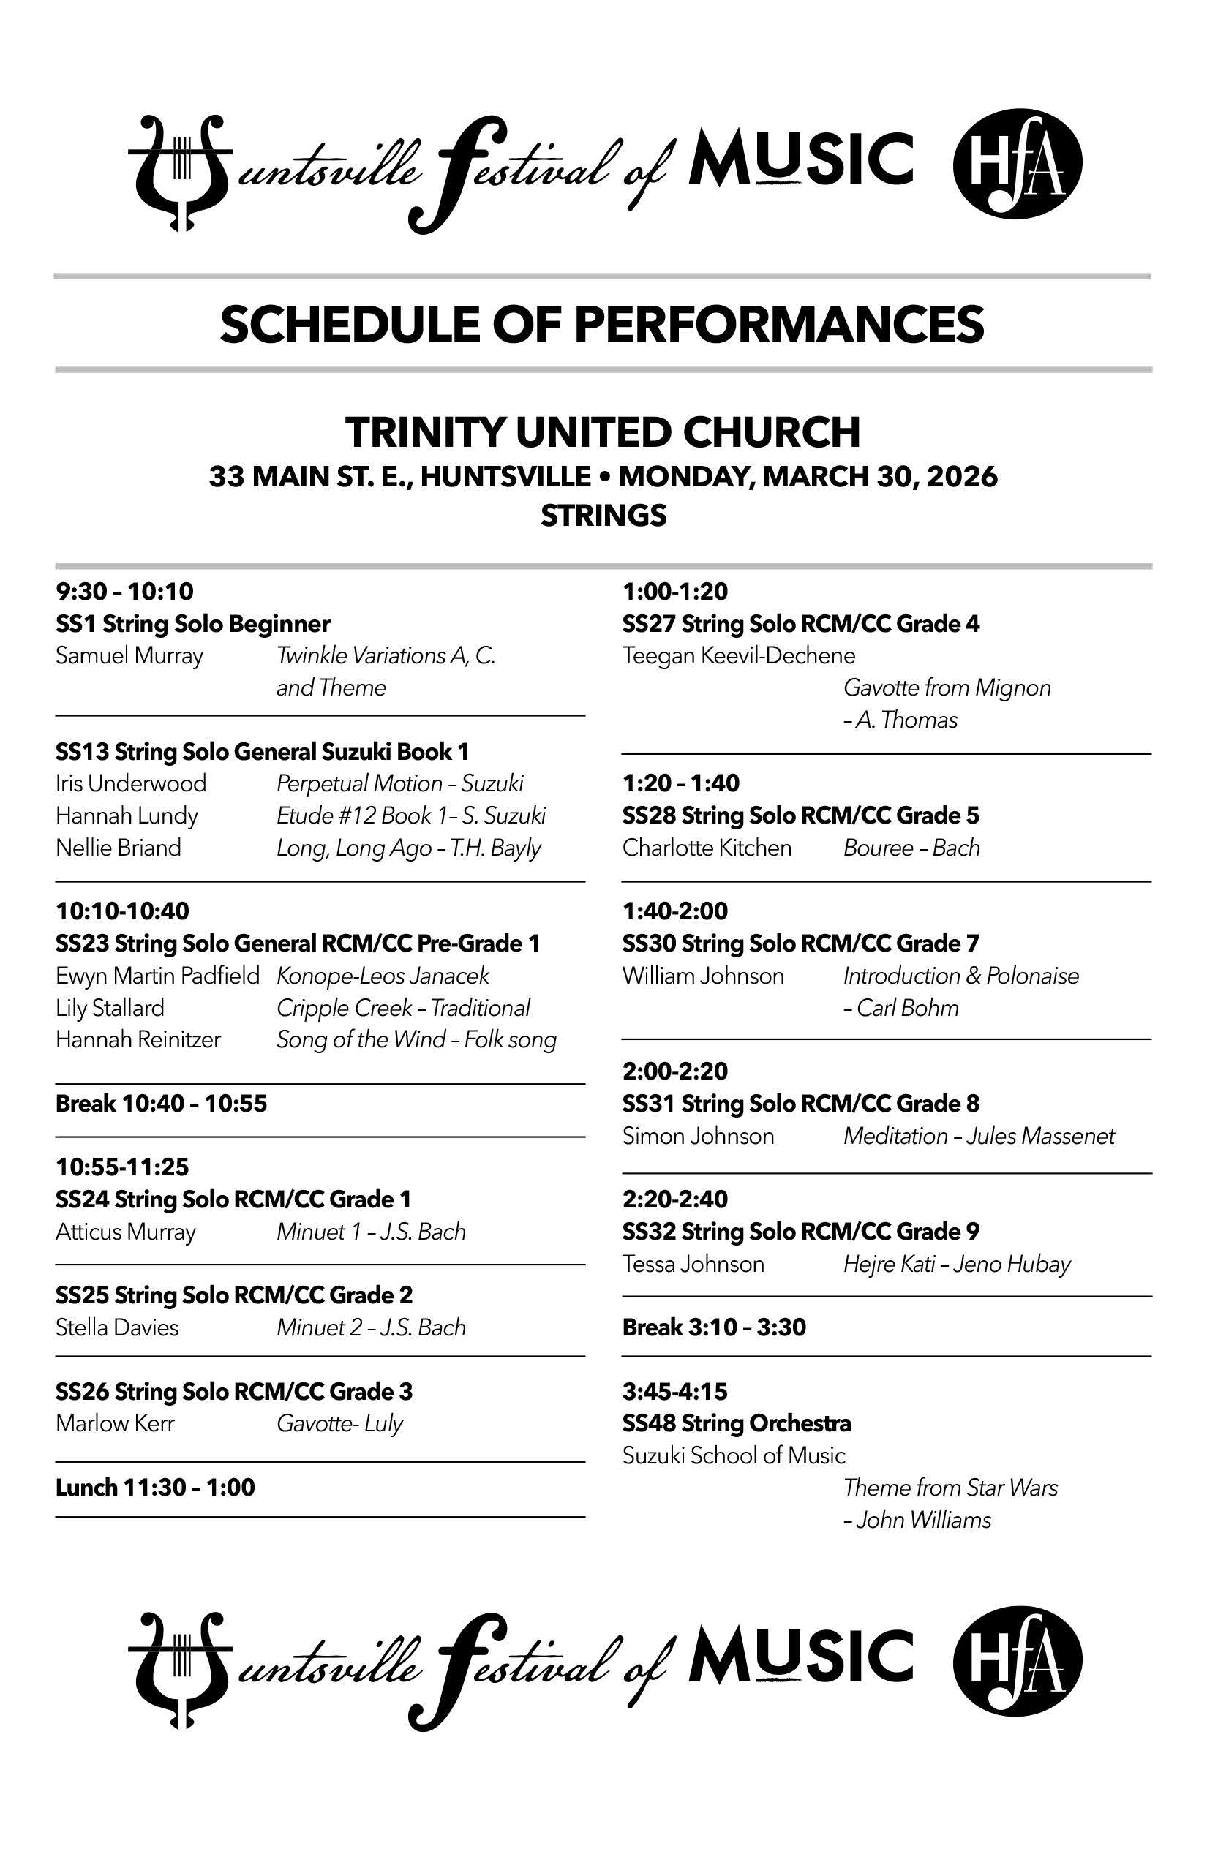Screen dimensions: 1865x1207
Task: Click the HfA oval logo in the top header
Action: click(x=1017, y=164)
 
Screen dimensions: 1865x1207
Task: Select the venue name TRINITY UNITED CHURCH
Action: click(x=603, y=432)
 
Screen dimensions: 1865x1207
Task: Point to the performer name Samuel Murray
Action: click(x=129, y=655)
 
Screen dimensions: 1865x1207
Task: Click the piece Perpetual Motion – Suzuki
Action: click(x=399, y=783)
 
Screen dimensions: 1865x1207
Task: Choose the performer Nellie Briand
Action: click(x=119, y=848)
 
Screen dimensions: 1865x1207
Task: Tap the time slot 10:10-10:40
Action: click(x=122, y=911)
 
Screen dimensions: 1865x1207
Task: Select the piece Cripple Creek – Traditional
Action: click(x=403, y=1008)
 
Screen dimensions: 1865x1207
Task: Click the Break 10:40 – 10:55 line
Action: click(x=162, y=1104)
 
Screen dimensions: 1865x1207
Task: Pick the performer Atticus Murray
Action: click(x=125, y=1232)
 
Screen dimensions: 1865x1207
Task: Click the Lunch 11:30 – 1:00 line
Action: click(x=155, y=1488)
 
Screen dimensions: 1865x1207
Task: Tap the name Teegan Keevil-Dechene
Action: click(x=738, y=655)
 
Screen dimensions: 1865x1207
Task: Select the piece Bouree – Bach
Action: click(x=911, y=848)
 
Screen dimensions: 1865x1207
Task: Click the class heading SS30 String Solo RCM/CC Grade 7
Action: click(x=800, y=943)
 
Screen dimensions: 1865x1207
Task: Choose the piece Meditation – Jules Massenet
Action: click(x=978, y=1137)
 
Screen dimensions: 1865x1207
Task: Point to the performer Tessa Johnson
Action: click(x=693, y=1264)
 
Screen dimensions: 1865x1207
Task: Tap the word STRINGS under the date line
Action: click(x=603, y=516)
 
